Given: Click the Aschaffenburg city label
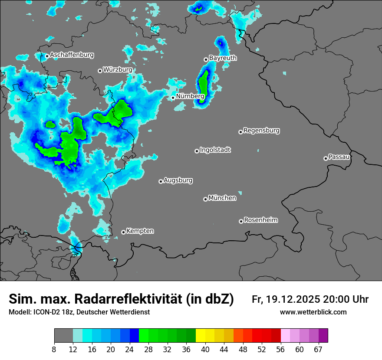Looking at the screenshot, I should coord(72,55).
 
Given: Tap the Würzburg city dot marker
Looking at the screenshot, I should coord(100,71).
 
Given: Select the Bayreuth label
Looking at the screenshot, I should coord(223,58).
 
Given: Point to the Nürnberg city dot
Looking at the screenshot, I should coord(173,98).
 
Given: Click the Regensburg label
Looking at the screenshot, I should coord(261,131).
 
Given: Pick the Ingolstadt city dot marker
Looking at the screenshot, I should coord(197,151).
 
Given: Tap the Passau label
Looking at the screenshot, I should coord(339,157).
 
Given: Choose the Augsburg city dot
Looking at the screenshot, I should coord(161,181).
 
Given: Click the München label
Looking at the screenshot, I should coord(222,198).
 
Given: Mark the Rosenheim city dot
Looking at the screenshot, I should coord(241,222).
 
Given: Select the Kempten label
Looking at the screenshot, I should coord(140,231).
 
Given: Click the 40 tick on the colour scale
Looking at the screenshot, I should coord(205,349).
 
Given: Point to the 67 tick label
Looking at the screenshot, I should coord(318,349).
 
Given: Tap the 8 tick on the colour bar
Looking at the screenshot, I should coord(54,349).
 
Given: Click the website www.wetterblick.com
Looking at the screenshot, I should coord(313,312).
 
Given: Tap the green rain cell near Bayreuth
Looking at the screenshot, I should coord(203,85).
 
